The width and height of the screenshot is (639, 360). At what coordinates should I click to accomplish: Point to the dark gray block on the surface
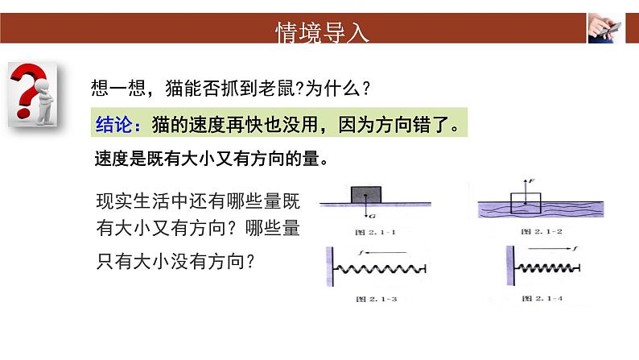coord(367,194)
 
